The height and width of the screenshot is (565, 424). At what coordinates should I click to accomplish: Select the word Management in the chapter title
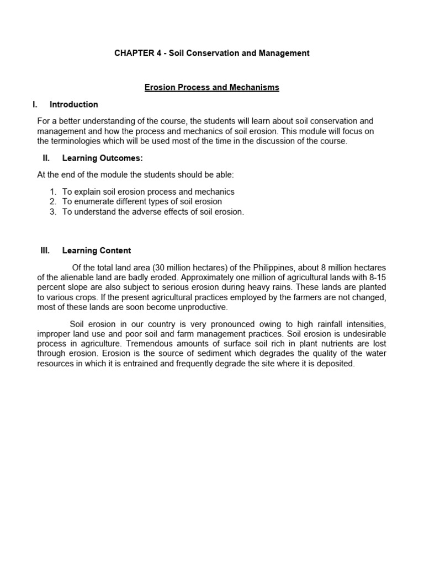click(x=284, y=54)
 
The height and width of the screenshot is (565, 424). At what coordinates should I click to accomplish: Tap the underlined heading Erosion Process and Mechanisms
click(x=212, y=87)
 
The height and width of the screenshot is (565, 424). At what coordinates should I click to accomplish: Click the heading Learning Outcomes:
click(x=103, y=158)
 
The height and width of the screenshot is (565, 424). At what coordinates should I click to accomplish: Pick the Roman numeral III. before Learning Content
click(x=45, y=250)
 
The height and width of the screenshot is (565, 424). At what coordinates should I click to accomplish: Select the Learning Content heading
click(x=97, y=250)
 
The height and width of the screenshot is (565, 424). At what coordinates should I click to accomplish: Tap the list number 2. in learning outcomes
click(x=53, y=201)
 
